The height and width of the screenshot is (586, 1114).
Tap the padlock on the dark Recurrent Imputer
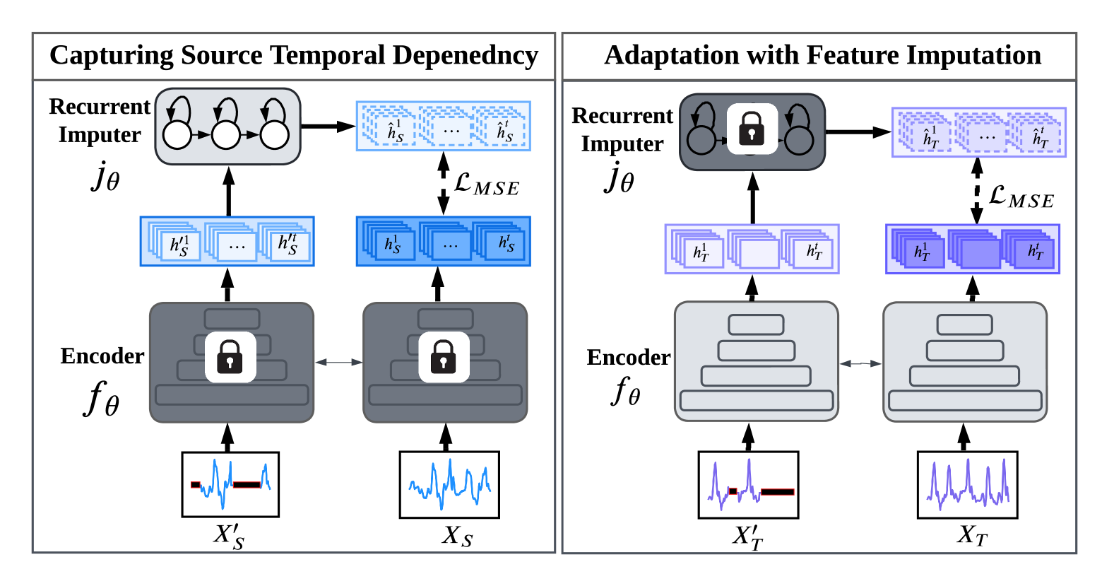coord(752,129)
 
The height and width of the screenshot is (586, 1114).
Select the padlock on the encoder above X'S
coord(230,356)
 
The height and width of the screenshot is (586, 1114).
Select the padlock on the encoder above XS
coord(444,356)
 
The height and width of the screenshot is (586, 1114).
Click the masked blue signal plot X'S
coord(230,484)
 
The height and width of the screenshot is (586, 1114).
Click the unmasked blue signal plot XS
coord(449,484)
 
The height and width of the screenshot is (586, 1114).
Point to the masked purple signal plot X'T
coord(748,485)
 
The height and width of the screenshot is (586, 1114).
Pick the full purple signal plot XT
coord(967,485)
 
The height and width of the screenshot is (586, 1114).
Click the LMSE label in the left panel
coord(487,184)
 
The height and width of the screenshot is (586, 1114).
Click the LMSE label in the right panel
coord(1021,197)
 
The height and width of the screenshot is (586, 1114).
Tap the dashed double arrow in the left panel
coord(444,184)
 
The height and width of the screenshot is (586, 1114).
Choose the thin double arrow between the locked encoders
coord(338,362)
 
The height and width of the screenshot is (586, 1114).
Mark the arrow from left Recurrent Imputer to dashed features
coord(328,127)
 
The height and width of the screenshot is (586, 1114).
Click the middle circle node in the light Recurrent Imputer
coord(226,134)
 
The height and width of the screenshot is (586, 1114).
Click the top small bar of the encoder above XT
coord(964,324)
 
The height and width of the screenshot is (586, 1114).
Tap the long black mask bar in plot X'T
coord(777,492)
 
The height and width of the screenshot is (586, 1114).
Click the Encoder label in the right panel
coord(628,358)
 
